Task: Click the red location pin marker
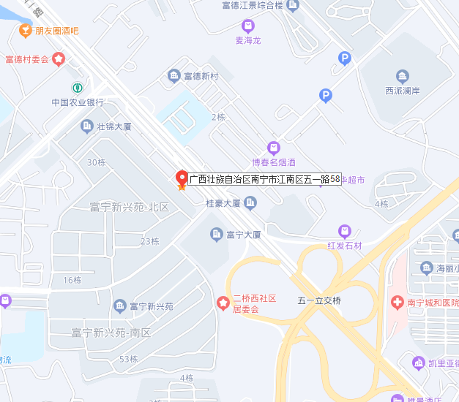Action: point(182,178)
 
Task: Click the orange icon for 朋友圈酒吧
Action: point(25,31)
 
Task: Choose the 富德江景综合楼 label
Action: point(252,6)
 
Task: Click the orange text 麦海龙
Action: point(248,40)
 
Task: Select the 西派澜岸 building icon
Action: point(402,76)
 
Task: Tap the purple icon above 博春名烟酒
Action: point(274,147)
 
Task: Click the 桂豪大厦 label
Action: point(223,204)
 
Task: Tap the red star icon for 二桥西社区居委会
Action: point(223,303)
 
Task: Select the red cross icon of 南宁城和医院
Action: point(396,302)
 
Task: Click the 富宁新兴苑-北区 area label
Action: point(129,208)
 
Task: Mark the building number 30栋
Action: point(97,162)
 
